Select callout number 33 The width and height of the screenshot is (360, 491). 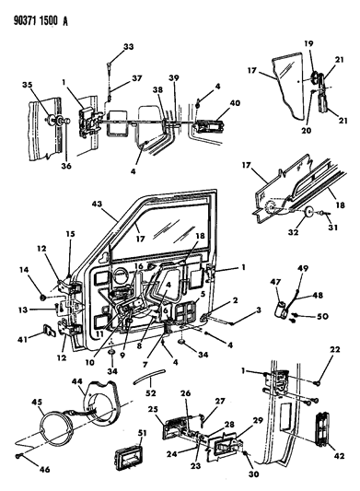[128, 47]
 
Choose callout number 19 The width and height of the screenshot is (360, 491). [308, 43]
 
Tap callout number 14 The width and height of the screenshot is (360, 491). [25, 294]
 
